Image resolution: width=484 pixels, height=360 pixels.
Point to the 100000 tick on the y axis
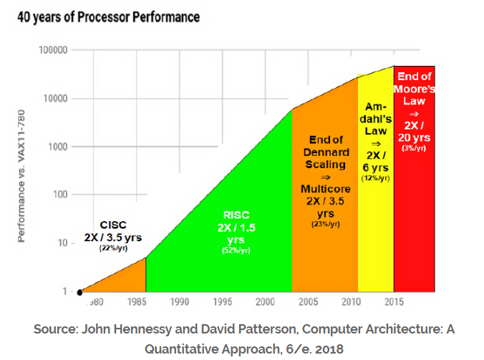tap(52, 51)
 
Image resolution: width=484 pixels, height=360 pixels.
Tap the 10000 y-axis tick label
tap(54, 99)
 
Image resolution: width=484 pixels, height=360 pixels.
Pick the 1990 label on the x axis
tap(179, 302)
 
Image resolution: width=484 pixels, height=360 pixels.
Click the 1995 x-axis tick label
tap(223, 302)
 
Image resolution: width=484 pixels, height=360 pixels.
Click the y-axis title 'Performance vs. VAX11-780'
tap(21, 175)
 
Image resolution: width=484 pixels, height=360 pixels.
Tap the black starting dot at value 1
tap(80, 291)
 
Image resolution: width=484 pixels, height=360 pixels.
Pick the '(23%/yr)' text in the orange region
tap(325, 224)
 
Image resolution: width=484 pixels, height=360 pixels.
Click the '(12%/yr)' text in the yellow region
tap(376, 178)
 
